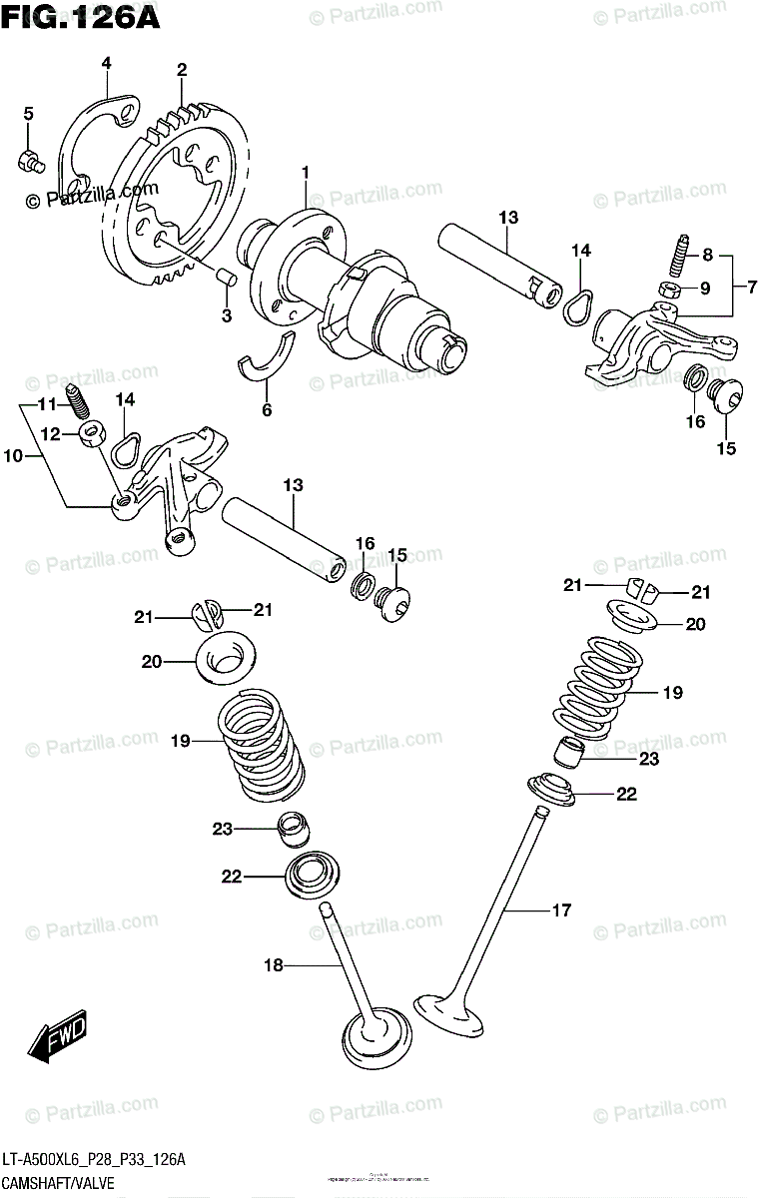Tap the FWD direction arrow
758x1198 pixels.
[59, 1038]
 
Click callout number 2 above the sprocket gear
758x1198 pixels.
[181, 70]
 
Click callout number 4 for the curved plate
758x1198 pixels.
[105, 64]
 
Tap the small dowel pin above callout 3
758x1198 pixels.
[225, 276]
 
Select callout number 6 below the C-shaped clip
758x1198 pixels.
[266, 408]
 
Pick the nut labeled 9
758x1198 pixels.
[672, 290]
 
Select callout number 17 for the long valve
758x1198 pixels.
[561, 909]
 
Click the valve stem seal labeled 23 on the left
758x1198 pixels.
[292, 827]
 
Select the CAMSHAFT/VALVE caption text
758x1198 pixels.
[59, 1182]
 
